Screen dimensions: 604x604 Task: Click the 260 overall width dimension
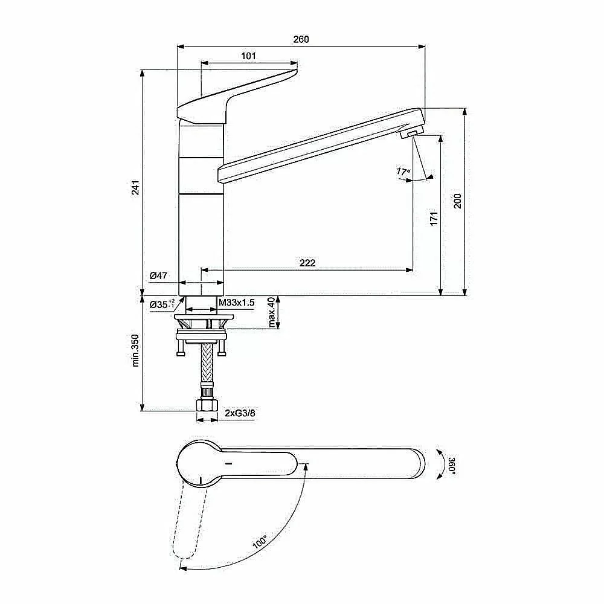pos(301,39)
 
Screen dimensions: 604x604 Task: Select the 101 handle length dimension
pos(248,56)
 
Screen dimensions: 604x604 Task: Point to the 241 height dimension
pos(135,187)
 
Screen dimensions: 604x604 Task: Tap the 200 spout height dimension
pos(457,201)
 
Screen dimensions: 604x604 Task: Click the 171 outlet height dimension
pos(434,219)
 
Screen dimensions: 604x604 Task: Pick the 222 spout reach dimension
pos(307,263)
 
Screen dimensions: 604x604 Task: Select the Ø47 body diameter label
pos(158,275)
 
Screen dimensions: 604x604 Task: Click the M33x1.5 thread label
pos(237,303)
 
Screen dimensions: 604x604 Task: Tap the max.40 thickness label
pos(272,312)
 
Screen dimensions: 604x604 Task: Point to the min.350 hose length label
pos(135,350)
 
